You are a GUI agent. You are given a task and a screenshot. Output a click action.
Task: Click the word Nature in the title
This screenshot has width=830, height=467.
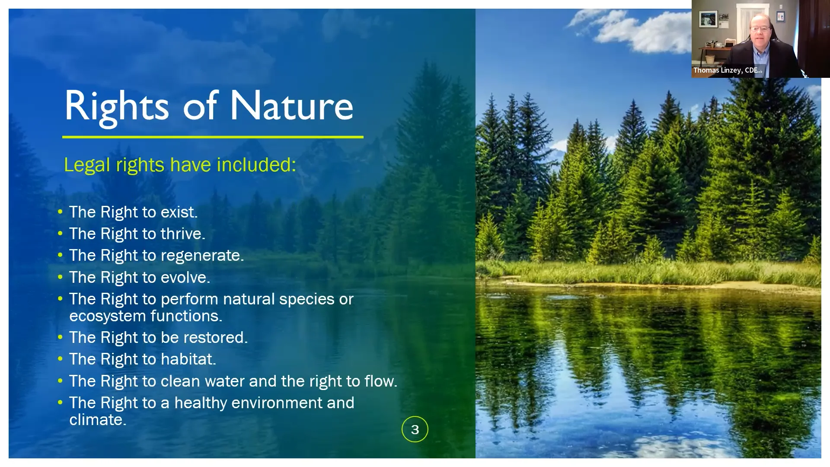pos(291,106)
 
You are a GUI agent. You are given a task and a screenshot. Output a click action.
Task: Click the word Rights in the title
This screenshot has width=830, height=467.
pos(116,106)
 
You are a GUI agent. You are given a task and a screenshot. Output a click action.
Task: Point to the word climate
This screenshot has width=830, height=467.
pos(97,420)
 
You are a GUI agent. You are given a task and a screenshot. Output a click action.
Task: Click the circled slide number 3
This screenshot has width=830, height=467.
pos(415,429)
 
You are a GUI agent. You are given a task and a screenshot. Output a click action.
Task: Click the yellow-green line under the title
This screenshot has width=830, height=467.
pos(213,137)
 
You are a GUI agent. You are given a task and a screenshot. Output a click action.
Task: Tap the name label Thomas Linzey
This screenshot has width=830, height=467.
pos(728,70)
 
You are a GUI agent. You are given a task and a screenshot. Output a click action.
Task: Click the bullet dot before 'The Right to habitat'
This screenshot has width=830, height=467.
pos(60,359)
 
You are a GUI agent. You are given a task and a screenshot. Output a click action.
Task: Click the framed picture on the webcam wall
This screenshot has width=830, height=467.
pos(708,19)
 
